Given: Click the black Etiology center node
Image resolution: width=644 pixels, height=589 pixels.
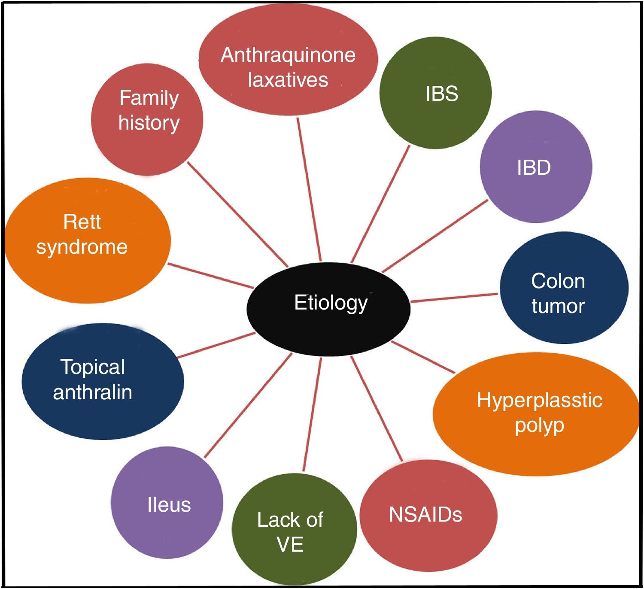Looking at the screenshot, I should [328, 308].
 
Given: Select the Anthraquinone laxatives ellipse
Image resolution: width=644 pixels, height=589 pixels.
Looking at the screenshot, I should [288, 60].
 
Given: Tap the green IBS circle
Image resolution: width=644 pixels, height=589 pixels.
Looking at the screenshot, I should [435, 93].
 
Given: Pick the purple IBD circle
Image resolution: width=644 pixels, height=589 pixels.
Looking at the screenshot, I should [536, 167].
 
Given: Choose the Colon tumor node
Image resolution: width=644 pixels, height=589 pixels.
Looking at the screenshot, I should [564, 288].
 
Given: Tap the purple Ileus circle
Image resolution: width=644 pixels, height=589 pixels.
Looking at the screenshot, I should [167, 503].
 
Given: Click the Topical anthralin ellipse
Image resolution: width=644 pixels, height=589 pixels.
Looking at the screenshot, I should [103, 381].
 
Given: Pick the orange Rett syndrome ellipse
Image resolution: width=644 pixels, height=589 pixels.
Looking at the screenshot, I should [88, 241].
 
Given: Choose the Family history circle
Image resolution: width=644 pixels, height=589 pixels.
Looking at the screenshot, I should [147, 119].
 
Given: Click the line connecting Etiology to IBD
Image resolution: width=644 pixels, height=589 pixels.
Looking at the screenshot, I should [434, 236].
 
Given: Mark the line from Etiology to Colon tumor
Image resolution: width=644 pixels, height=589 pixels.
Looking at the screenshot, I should [454, 298].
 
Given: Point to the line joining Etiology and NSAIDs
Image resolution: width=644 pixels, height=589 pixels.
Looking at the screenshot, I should [377, 408].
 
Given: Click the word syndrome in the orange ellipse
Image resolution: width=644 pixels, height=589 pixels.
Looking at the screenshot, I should [82, 247].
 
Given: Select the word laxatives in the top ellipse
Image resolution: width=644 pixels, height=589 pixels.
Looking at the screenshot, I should [288, 80].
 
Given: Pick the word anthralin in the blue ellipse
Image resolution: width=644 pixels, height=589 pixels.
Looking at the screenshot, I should [92, 392].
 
